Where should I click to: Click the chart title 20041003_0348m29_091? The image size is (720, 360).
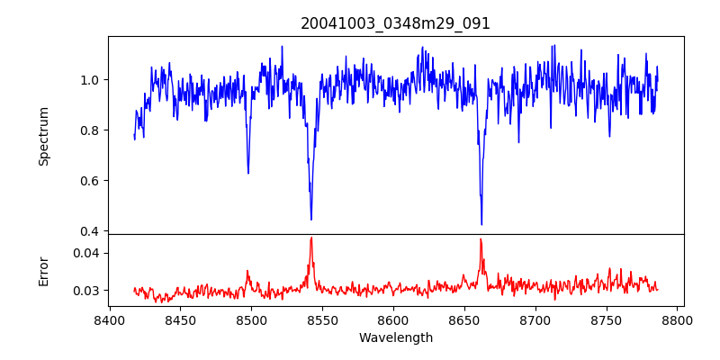[x=395, y=23]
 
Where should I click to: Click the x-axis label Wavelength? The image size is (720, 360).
[x=395, y=337]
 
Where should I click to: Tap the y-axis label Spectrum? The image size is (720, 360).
[x=43, y=136]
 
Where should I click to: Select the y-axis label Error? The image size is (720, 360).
[x=43, y=270]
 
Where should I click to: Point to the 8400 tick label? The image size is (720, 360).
[x=109, y=319]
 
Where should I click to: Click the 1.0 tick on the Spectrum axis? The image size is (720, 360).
[x=90, y=80]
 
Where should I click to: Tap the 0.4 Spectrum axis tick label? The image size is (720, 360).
[x=90, y=231]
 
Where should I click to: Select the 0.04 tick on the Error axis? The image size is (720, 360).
[x=86, y=253]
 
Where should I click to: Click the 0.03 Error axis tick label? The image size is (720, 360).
[x=86, y=291]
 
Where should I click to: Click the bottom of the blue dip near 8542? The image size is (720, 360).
[x=311, y=219]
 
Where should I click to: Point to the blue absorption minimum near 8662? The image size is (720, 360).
[x=481, y=224]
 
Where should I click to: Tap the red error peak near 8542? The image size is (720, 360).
[x=311, y=238]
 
